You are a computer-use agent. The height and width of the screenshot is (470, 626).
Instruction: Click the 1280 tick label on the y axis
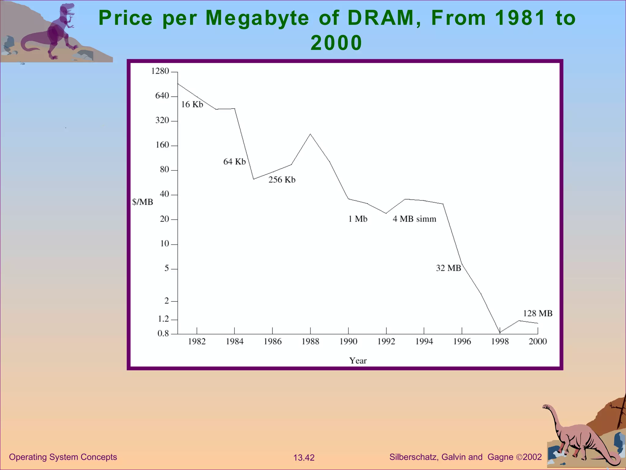160,71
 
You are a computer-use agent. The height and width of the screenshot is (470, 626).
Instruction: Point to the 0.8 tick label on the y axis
163,333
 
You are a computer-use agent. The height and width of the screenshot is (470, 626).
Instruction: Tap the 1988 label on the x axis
310,341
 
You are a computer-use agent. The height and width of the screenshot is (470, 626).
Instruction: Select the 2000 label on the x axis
538,341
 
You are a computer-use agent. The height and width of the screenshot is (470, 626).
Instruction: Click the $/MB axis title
142,202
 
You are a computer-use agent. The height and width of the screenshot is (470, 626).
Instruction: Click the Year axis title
358,360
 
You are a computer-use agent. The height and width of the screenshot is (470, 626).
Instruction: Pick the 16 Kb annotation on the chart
192,105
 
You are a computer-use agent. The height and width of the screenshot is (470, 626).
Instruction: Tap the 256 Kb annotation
282,180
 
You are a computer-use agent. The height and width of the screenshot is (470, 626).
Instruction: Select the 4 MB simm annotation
414,219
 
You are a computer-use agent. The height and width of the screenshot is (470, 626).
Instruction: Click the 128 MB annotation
537,313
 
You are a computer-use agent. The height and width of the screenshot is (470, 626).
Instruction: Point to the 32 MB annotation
448,268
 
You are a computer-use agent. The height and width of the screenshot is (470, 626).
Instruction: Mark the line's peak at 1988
310,134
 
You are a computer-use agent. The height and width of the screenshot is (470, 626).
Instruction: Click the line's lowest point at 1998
500,333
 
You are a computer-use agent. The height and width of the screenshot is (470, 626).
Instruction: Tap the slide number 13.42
304,457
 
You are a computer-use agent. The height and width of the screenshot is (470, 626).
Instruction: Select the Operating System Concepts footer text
63,457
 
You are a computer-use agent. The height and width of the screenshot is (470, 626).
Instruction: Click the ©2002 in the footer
529,457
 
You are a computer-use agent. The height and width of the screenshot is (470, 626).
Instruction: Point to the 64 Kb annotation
234,162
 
